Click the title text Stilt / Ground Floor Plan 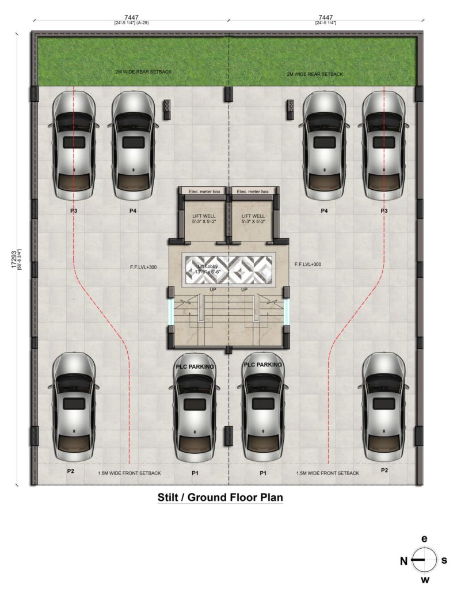coord(220,497)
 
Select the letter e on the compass coord(425,539)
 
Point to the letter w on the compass coord(425,579)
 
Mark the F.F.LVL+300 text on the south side coord(307,265)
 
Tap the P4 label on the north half coord(133,211)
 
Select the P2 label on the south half coord(384,471)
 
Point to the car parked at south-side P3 coord(384,147)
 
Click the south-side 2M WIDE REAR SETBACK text coord(315,74)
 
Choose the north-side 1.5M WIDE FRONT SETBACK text coord(129,473)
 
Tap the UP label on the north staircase coord(213,289)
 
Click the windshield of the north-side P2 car coord(73,382)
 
